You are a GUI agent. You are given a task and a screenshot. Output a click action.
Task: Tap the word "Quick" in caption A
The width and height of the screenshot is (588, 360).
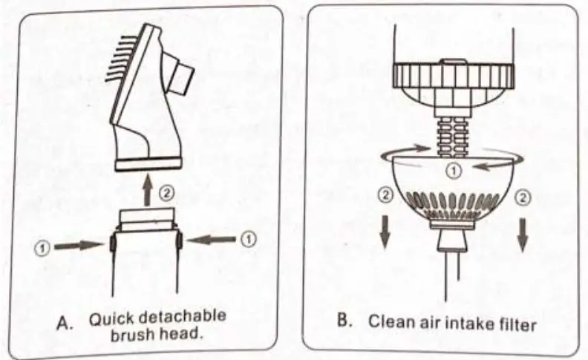[x=112, y=319]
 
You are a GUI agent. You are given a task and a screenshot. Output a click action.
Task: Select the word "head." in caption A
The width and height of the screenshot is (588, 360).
[x=183, y=335]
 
